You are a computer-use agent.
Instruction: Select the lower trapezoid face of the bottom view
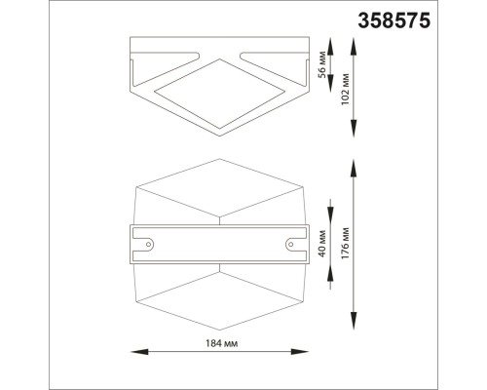click(x=218, y=291)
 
